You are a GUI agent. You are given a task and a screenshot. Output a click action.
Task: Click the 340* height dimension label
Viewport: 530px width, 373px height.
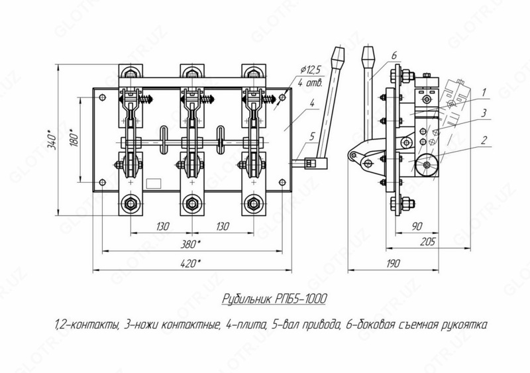[52, 139]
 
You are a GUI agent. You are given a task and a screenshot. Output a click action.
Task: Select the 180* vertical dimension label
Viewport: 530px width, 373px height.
[74, 138]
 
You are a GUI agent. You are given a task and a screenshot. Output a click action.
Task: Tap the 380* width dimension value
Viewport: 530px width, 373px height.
[191, 244]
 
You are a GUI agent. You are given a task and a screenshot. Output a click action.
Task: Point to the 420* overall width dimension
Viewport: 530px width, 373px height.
[191, 264]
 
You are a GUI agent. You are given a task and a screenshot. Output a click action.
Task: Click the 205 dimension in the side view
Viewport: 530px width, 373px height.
[428, 242]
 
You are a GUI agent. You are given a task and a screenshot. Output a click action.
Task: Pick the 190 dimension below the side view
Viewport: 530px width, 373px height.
[394, 264]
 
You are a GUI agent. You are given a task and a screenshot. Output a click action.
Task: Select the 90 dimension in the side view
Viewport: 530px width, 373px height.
[417, 226]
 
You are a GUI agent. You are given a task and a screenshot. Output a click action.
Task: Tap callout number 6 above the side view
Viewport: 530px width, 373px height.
[394, 56]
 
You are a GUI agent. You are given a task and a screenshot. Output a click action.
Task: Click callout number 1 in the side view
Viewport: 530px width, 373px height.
[484, 92]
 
